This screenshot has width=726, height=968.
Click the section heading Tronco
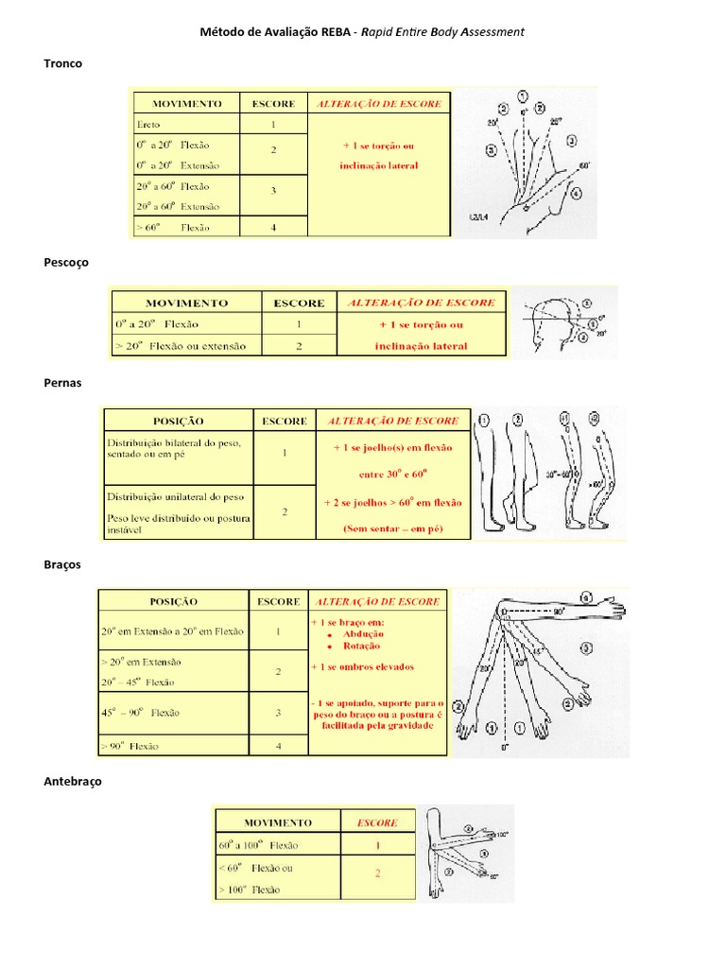[62, 63]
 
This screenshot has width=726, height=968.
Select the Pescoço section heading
[66, 263]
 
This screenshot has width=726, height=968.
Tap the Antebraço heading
[72, 782]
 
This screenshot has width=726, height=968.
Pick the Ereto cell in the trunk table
[147, 125]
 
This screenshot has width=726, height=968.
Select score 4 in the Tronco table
[273, 227]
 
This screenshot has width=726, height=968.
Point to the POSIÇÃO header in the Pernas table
[178, 421]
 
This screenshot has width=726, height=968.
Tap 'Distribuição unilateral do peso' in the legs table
[175, 495]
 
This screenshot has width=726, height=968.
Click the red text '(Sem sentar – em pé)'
[392, 529]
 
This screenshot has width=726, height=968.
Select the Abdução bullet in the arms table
[355, 634]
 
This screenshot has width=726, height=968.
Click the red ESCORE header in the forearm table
[377, 822]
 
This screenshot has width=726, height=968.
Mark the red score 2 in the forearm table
[377, 874]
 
